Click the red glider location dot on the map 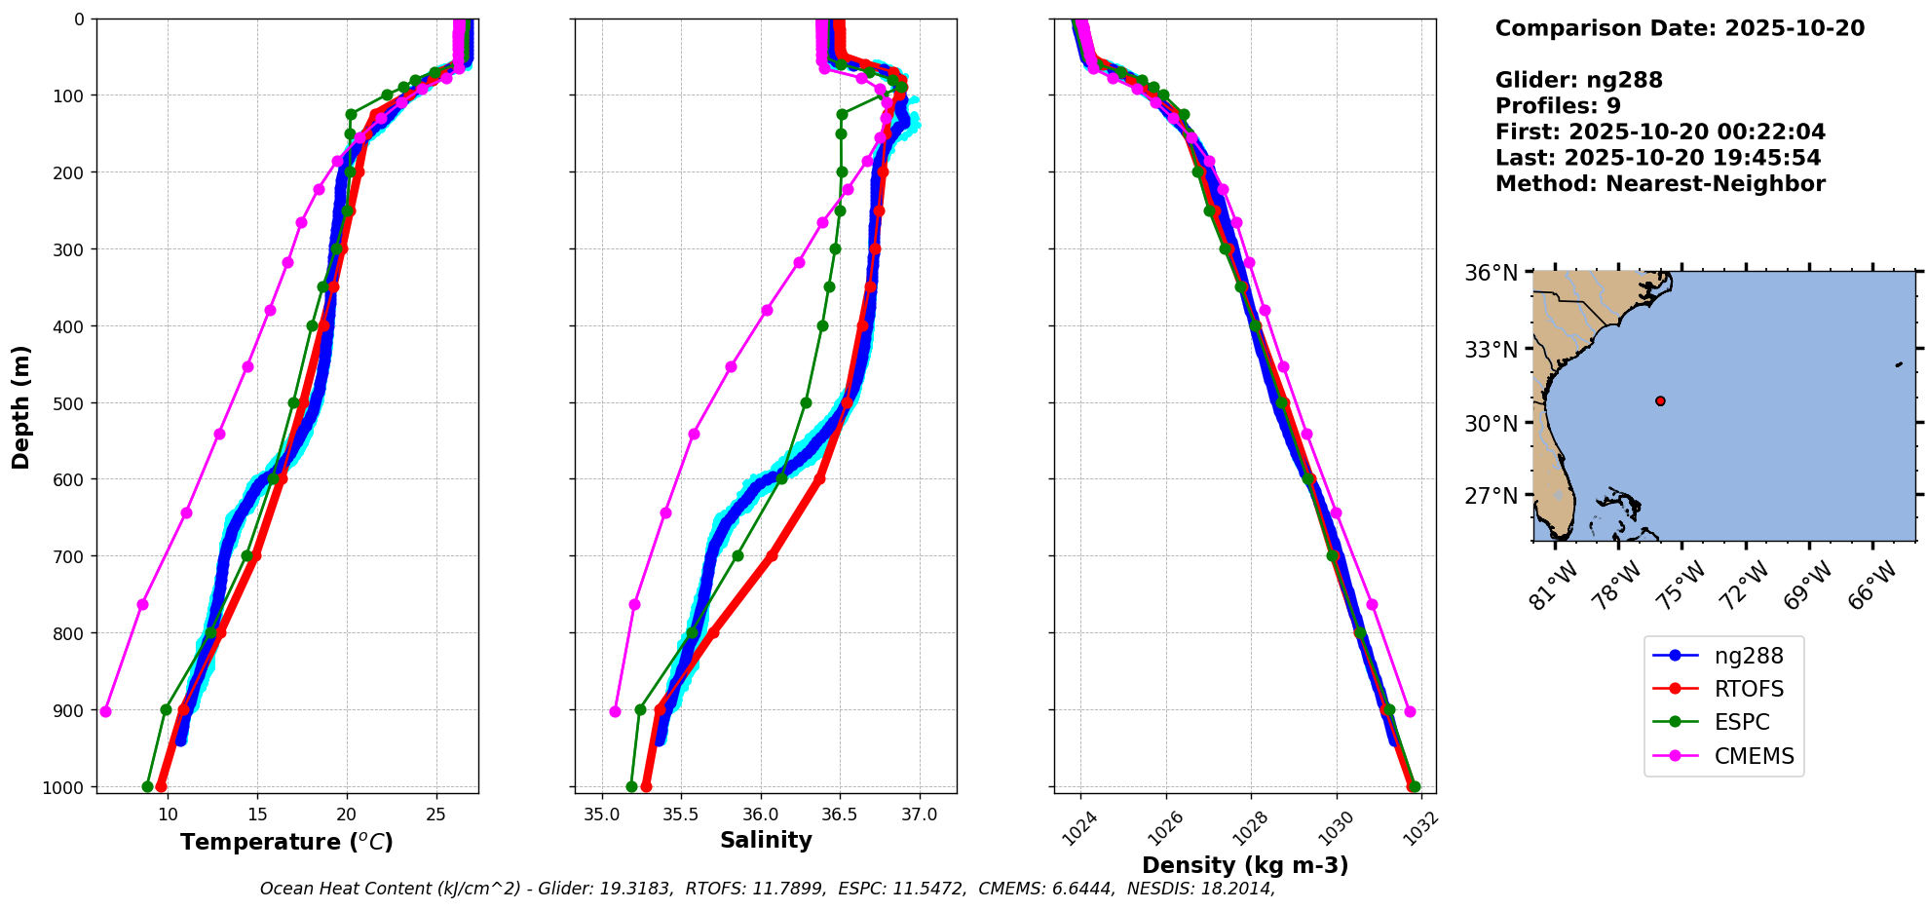(x=1660, y=400)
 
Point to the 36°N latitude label (x=1491, y=273)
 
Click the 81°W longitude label (x=1551, y=588)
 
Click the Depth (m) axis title (x=21, y=406)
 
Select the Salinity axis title (x=766, y=840)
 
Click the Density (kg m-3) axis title (x=1245, y=865)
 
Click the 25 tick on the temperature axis (x=435, y=814)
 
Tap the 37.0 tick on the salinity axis (x=919, y=814)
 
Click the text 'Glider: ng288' (x=1578, y=80)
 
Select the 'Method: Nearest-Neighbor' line (x=1660, y=183)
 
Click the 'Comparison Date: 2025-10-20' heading (x=1680, y=28)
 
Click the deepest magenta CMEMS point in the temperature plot (x=105, y=711)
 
